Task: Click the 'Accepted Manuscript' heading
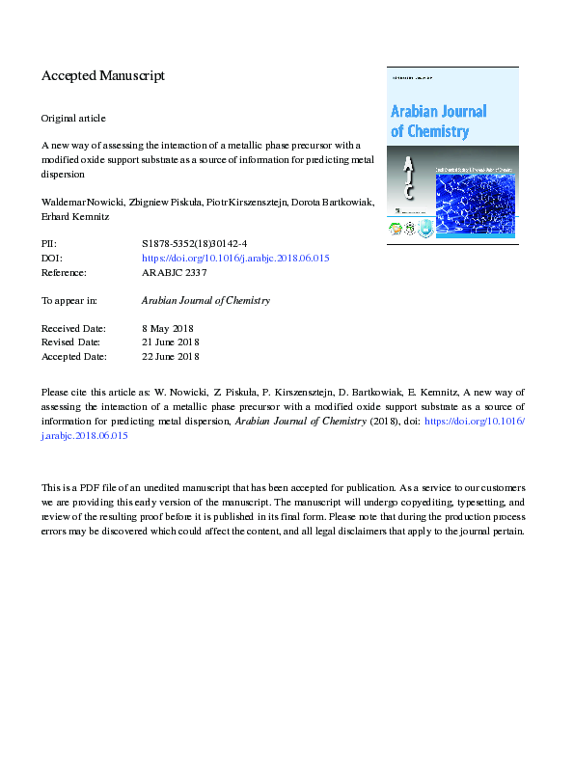[103, 75]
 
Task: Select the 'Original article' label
[73, 118]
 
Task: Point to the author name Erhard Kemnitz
[75, 217]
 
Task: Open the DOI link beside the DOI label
[235, 259]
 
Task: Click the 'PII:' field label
[50, 245]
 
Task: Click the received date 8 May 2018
[168, 329]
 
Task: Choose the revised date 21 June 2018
[170, 342]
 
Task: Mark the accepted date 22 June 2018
[170, 356]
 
